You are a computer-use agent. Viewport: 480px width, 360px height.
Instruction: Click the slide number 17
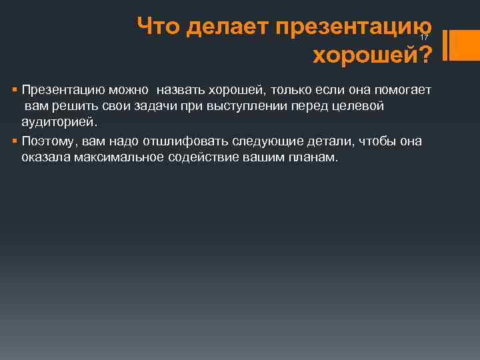click(424, 38)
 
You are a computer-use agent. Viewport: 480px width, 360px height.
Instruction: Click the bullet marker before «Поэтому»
click(14, 141)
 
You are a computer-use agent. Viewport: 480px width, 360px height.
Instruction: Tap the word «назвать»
click(181, 89)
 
